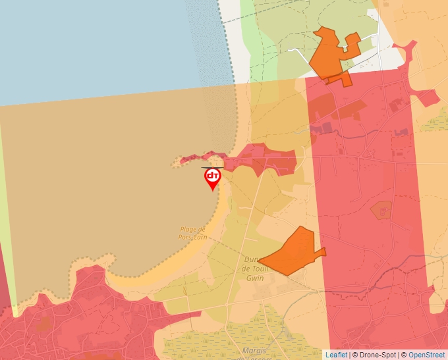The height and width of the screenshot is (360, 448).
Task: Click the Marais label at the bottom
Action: pos(254,350)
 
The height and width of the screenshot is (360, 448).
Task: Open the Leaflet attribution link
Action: pos(336,355)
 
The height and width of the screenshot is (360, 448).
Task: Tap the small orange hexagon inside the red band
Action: pos(381,211)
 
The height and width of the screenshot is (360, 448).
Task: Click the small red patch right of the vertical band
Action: pos(428,97)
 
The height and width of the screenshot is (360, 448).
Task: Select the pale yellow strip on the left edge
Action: pos(5,197)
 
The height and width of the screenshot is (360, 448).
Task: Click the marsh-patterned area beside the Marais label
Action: pos(290,342)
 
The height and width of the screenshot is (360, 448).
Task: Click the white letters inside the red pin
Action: pos(212,175)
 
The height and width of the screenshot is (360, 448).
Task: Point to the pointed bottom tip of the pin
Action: pos(212,191)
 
